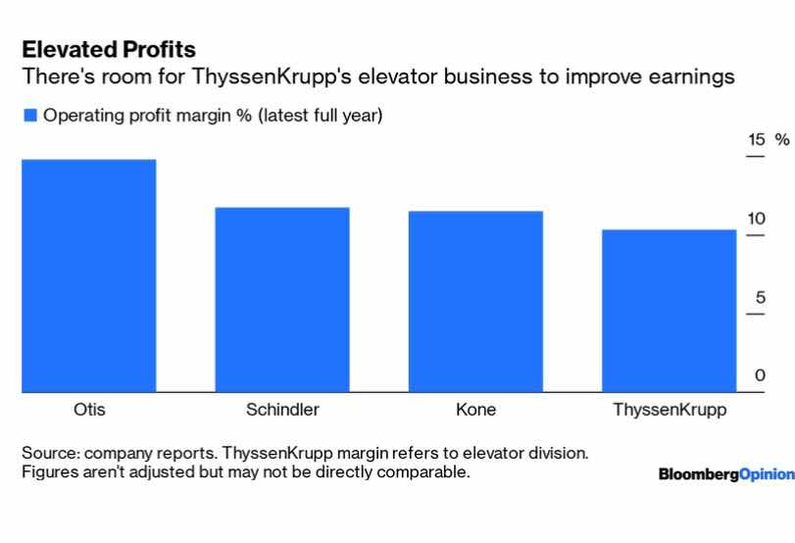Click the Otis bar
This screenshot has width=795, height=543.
point(88,276)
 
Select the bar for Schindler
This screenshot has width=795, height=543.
point(282,300)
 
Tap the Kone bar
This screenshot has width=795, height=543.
point(475,302)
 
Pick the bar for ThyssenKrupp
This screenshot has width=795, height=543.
point(669,312)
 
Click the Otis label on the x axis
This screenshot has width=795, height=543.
point(89,411)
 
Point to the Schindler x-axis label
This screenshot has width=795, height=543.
point(282,411)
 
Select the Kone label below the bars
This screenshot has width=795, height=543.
point(475,411)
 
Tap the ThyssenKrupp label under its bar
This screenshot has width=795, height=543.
point(670,411)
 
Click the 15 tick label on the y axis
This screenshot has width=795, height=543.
point(756,140)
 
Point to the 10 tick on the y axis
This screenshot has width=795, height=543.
point(756,219)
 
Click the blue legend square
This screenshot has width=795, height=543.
point(29,116)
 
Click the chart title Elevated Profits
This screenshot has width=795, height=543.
point(109,49)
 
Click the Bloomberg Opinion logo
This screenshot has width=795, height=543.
point(725,474)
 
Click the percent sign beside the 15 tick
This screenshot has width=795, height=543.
point(781,140)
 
